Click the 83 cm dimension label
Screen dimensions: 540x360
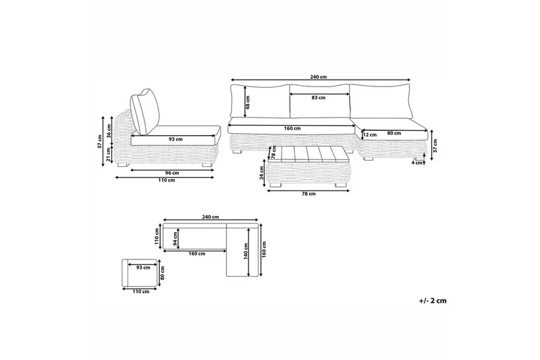click(x=318, y=97)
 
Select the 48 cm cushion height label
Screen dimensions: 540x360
click(x=248, y=101)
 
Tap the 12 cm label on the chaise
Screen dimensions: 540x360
click(x=369, y=134)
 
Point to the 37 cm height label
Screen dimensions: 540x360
click(x=435, y=146)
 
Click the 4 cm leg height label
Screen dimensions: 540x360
click(x=417, y=163)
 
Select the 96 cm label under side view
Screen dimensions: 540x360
click(x=172, y=173)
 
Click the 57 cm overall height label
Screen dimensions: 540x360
click(x=100, y=141)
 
